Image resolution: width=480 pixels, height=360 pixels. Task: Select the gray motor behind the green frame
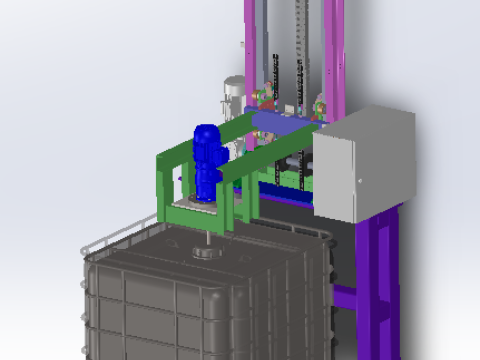pyautogui.click(x=232, y=95)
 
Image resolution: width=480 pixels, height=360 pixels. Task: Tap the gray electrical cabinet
pyautogui.click(x=362, y=165)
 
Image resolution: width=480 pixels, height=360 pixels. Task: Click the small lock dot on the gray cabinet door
pyautogui.click(x=359, y=180)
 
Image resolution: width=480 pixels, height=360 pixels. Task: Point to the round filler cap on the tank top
pyautogui.click(x=206, y=250)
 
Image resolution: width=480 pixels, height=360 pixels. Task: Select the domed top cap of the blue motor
pyautogui.click(x=206, y=131)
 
